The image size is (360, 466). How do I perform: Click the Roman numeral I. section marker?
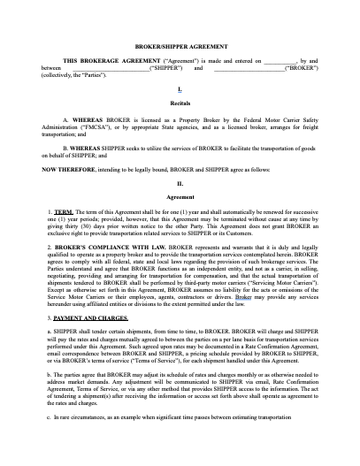pos(180,89)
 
